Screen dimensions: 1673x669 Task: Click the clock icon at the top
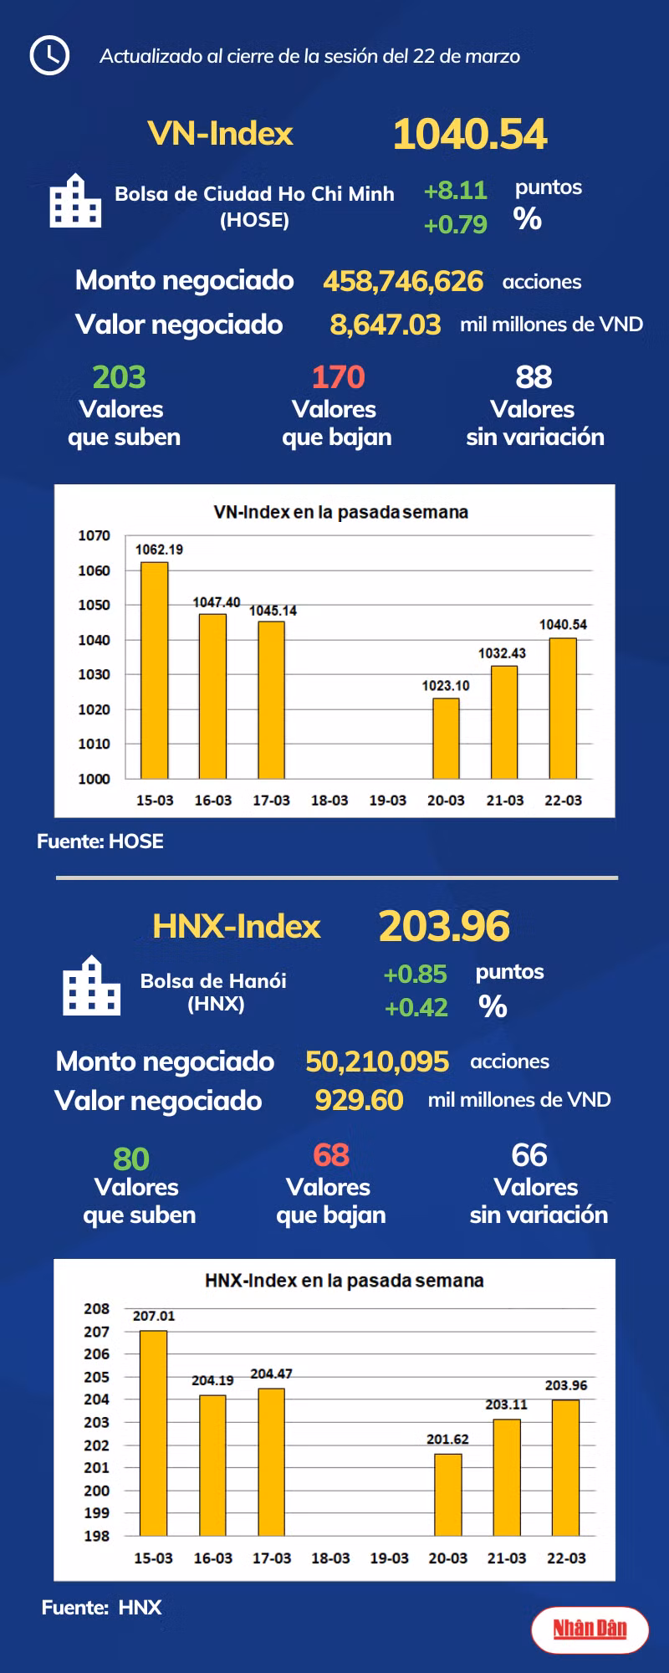(x=49, y=56)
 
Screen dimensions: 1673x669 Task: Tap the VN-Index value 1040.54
(x=470, y=135)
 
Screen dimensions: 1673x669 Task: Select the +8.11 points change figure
(x=455, y=191)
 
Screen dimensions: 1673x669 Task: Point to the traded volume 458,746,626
(x=403, y=281)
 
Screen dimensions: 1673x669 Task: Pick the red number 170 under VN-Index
(x=338, y=377)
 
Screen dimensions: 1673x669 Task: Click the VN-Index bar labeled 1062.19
(x=154, y=669)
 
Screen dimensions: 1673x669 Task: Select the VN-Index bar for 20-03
(x=446, y=738)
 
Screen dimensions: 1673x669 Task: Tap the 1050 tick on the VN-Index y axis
(x=94, y=605)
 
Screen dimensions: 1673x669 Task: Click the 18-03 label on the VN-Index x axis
(x=329, y=801)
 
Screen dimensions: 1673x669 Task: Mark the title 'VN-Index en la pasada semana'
(x=340, y=512)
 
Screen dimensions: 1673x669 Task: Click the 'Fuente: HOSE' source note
(x=100, y=842)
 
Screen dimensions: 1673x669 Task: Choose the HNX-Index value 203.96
(x=444, y=927)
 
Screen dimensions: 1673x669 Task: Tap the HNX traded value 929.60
(x=359, y=1100)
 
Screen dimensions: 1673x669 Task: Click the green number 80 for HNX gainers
(x=131, y=1159)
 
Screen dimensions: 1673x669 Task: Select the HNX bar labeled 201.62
(x=447, y=1494)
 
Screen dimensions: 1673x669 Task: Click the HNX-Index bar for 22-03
(x=565, y=1467)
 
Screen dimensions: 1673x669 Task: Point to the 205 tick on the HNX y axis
(x=96, y=1377)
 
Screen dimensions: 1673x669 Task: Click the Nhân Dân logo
(x=590, y=1628)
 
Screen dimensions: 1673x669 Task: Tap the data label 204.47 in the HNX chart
(x=271, y=1374)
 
